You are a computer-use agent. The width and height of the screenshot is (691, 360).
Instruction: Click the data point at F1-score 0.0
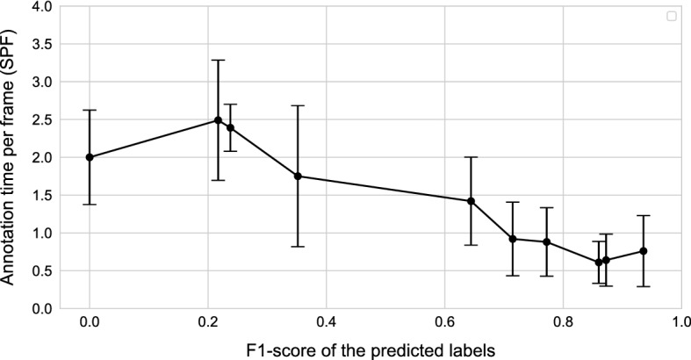(x=90, y=157)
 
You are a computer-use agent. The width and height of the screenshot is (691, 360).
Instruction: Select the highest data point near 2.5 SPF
(x=219, y=120)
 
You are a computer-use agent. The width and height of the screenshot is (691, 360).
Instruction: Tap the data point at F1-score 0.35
(x=298, y=176)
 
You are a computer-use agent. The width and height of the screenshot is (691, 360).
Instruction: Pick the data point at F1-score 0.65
(x=471, y=201)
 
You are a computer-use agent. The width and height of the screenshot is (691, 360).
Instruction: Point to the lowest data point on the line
(x=599, y=263)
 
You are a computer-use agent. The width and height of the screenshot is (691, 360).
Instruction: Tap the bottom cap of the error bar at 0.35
(x=298, y=247)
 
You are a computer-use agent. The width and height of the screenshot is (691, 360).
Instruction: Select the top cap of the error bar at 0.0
(x=90, y=110)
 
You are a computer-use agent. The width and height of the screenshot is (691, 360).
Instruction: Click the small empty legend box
(x=672, y=16)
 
